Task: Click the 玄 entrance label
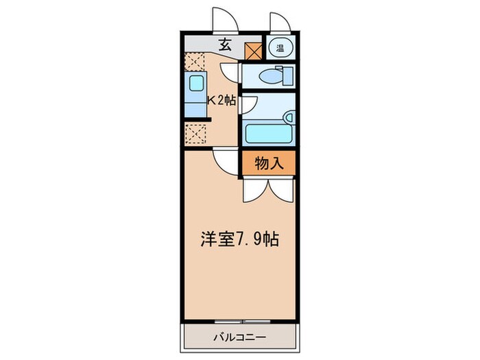tap(224, 46)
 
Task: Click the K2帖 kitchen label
tap(222, 100)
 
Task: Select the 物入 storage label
tap(268, 163)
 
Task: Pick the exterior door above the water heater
tap(280, 23)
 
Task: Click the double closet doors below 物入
tap(268, 189)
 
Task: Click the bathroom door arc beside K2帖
tap(249, 103)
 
